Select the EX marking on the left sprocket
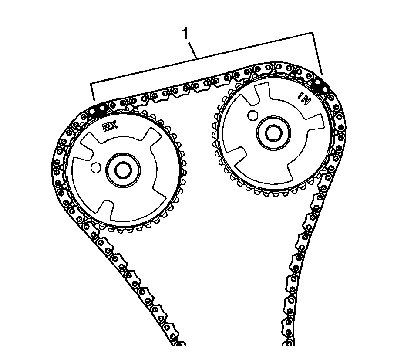(110, 127)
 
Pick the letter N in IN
(306, 101)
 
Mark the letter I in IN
(300, 95)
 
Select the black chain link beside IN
(322, 85)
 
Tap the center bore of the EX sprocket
(123, 170)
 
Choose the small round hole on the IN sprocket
(251, 116)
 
